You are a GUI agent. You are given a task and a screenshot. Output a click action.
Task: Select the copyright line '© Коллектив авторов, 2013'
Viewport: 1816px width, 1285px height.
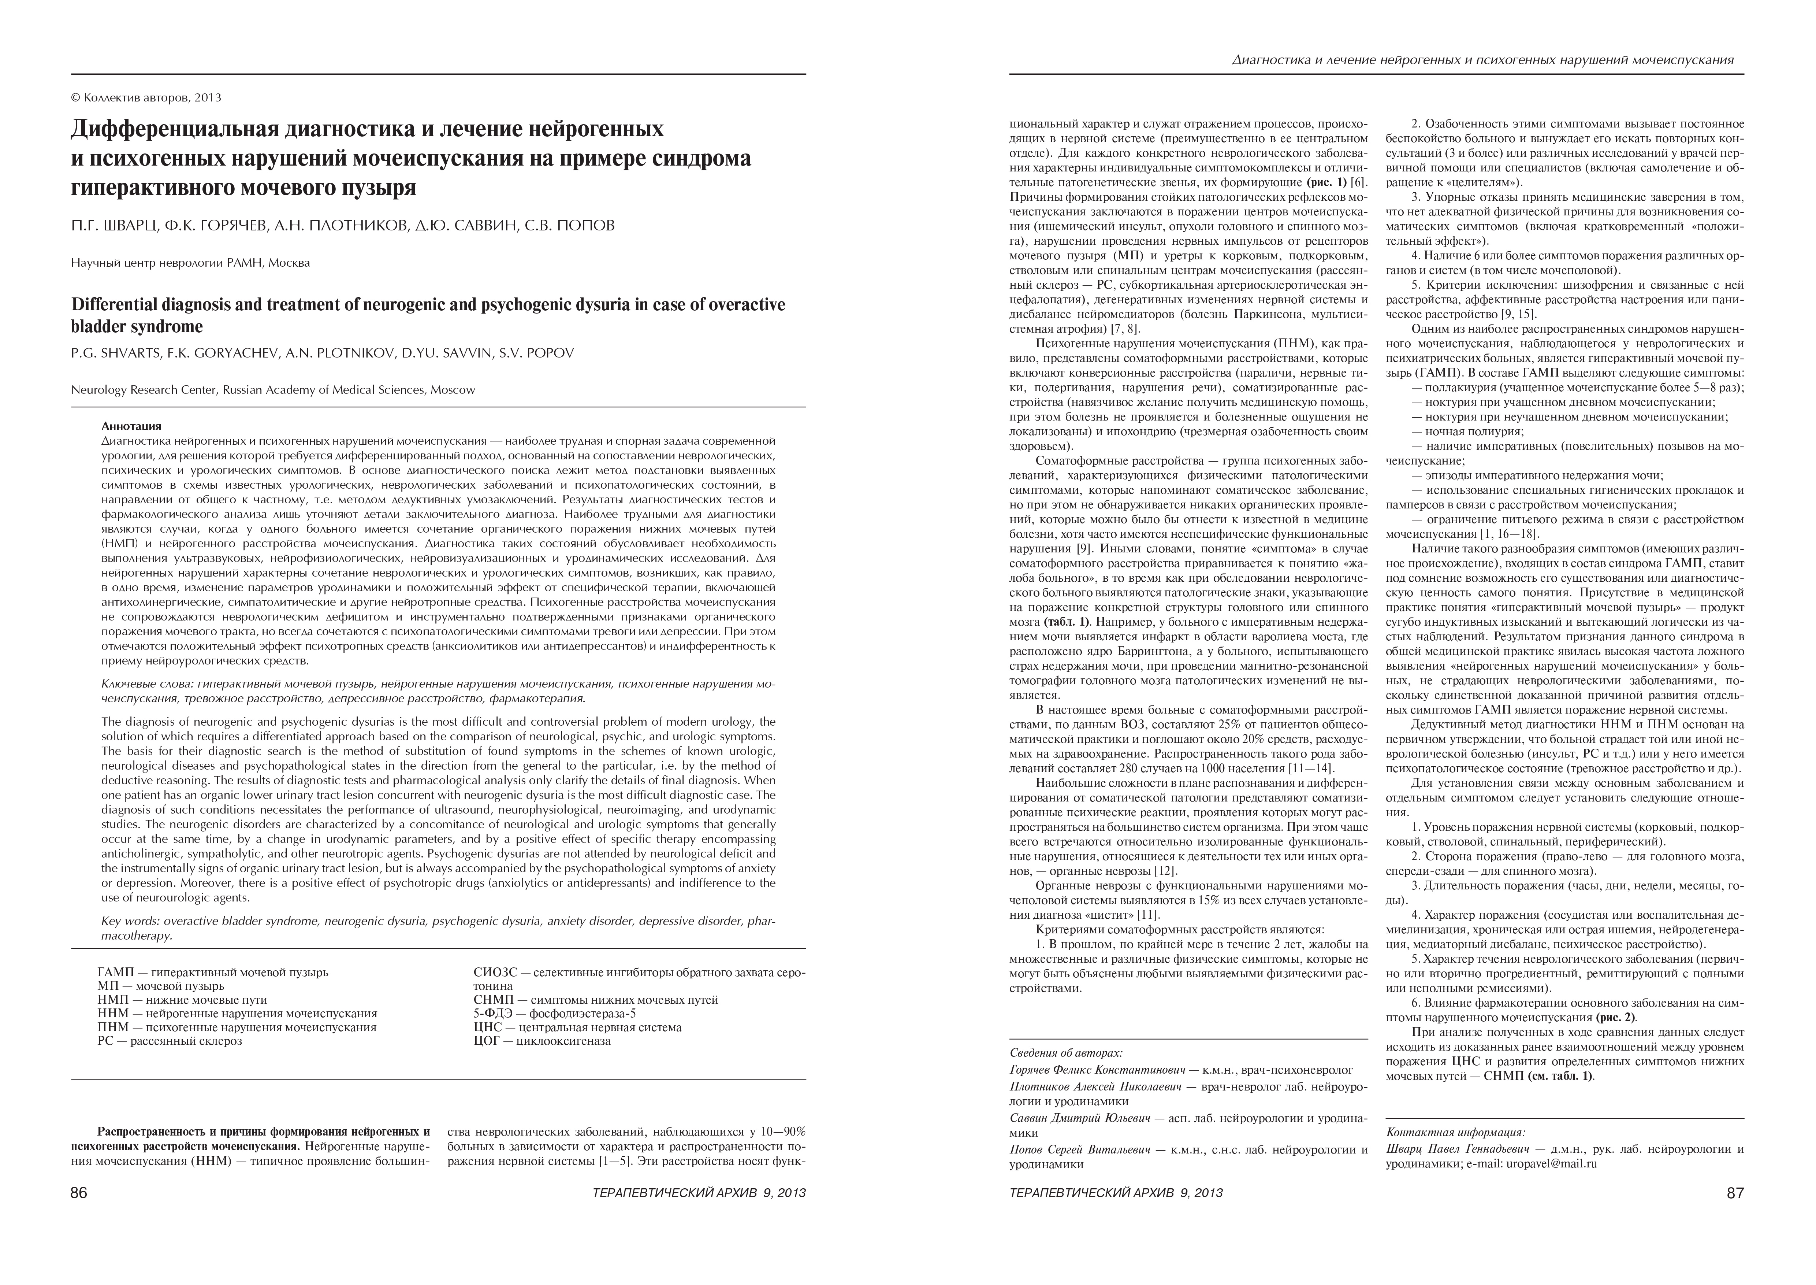pos(146,98)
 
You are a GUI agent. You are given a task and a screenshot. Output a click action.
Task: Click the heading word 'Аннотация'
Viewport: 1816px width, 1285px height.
pos(131,426)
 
